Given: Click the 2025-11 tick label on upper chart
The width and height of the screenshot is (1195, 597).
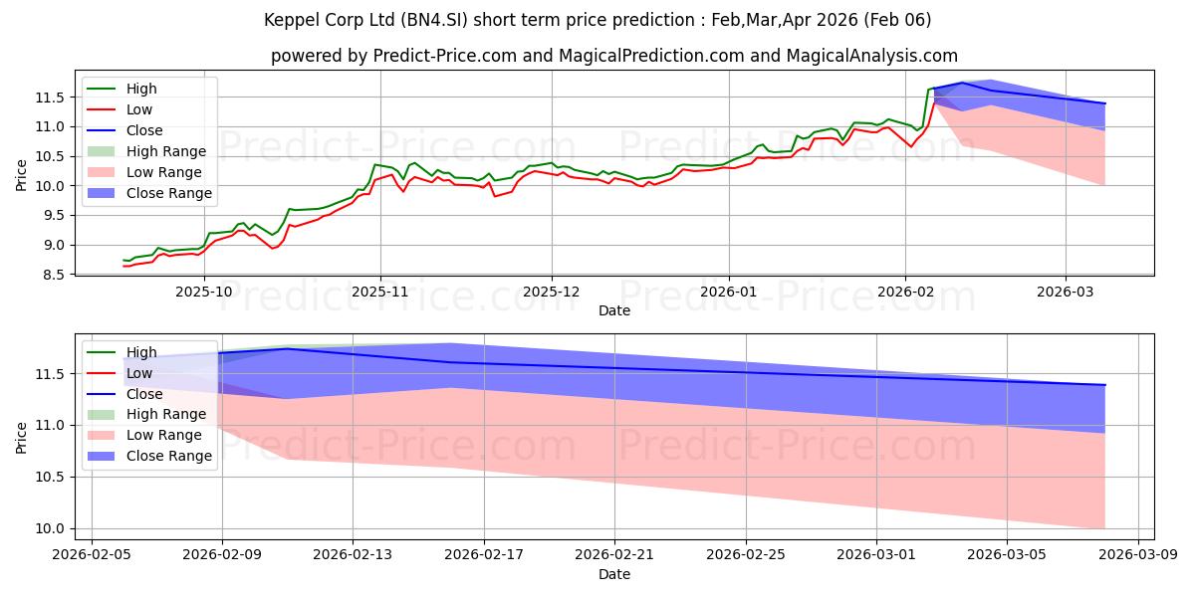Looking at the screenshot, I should (378, 292).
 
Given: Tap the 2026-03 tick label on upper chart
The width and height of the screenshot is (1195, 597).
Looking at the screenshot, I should (1065, 292).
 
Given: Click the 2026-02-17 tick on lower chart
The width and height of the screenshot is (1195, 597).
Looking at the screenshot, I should (483, 555).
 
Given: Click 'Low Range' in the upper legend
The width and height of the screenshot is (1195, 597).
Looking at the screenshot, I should (166, 172).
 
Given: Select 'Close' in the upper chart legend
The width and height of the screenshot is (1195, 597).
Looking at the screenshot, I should (144, 130).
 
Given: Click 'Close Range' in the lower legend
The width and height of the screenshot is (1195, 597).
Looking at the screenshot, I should (169, 456).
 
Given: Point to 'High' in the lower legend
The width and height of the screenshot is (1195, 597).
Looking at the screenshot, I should (141, 352).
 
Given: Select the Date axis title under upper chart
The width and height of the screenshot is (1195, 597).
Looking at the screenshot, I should (614, 310).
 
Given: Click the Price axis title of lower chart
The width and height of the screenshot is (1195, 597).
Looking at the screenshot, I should (22, 435).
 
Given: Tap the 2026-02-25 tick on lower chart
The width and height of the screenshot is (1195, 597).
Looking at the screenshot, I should (745, 555).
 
